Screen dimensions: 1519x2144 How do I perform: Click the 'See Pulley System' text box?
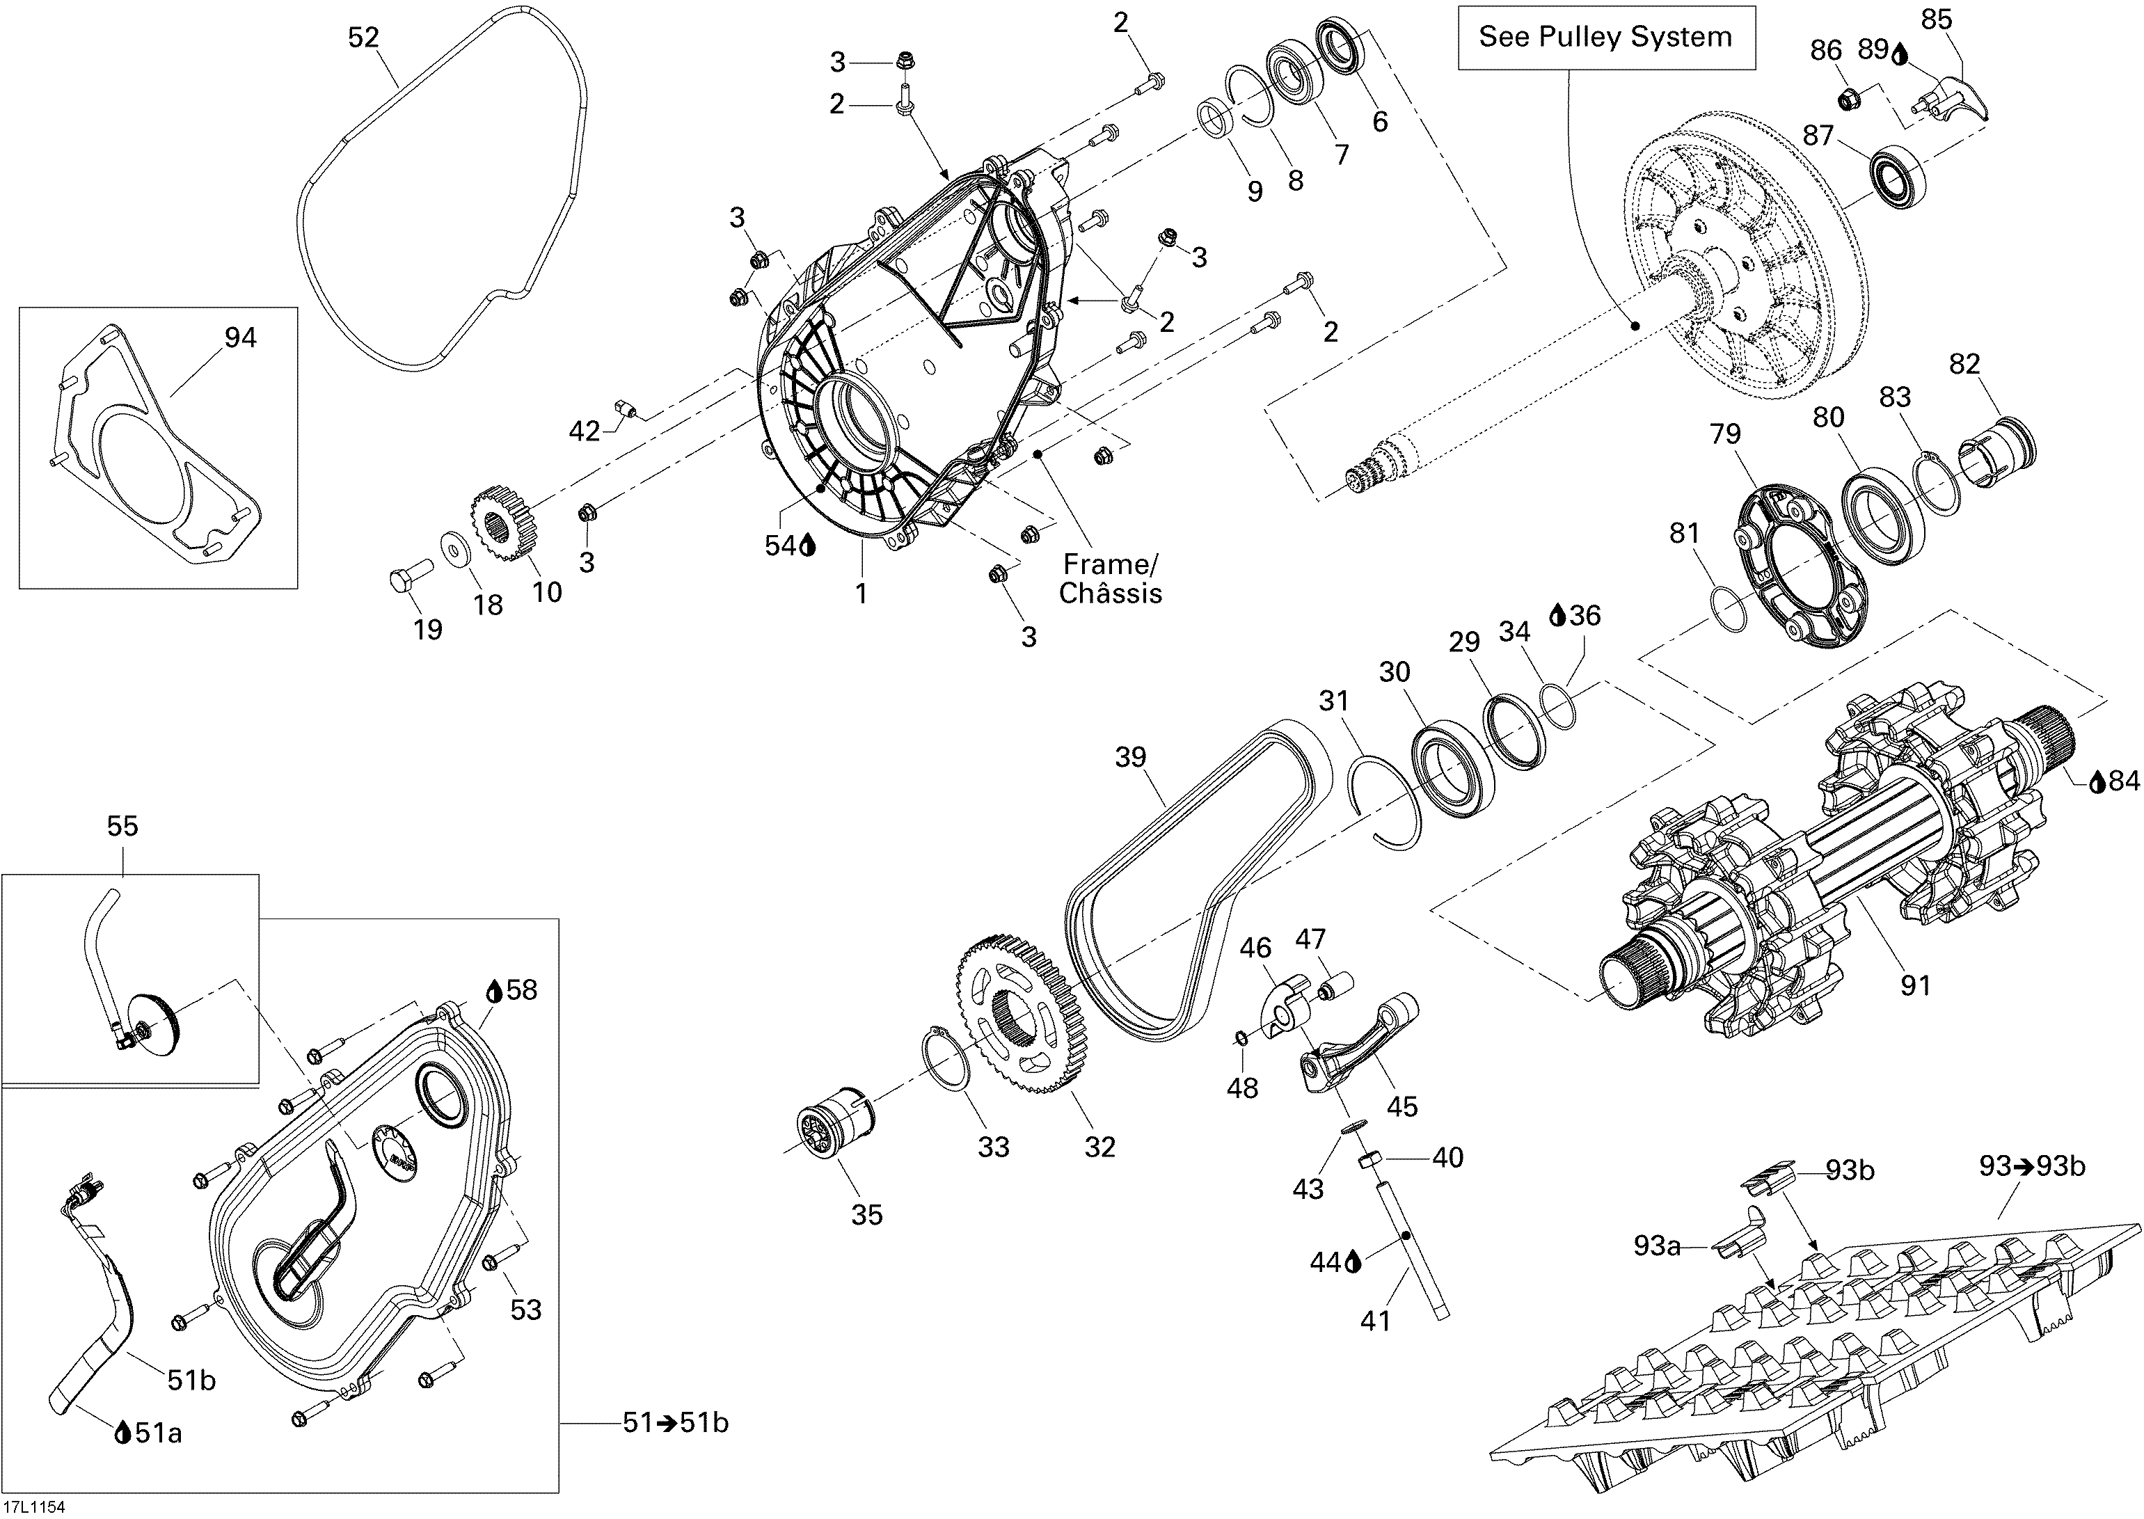(x=1605, y=38)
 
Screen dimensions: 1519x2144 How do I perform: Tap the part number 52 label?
(x=363, y=38)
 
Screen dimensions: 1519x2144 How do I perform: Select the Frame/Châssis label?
(x=1111, y=579)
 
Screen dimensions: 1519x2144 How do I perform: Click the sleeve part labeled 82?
(x=2001, y=454)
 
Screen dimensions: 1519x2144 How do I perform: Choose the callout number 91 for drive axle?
(x=1915, y=985)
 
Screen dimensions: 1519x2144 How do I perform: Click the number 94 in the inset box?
(x=239, y=337)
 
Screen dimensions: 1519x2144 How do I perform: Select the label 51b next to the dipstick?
(x=191, y=1381)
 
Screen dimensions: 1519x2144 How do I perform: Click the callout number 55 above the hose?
(x=122, y=826)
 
